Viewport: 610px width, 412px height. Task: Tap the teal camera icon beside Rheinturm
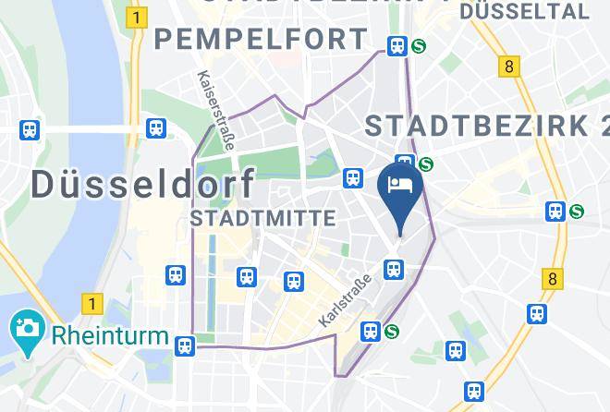[x=25, y=328]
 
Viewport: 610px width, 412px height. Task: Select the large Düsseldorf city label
[x=143, y=183]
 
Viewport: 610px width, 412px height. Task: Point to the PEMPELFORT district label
[x=262, y=40]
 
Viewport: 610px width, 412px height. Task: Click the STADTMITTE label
[x=262, y=218]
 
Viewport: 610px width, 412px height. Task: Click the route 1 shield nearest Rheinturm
[x=90, y=302]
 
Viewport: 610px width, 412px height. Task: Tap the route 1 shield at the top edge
[x=138, y=17]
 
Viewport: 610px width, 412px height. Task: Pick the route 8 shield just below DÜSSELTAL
[x=507, y=67]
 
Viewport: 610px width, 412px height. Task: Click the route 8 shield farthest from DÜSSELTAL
[x=553, y=278]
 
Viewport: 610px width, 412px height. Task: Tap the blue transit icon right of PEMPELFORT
[x=397, y=44]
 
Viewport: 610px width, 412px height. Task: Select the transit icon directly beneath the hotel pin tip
[x=394, y=269]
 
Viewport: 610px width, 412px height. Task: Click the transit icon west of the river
[x=30, y=129]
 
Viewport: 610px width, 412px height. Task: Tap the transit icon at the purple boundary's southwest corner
[x=185, y=345]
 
